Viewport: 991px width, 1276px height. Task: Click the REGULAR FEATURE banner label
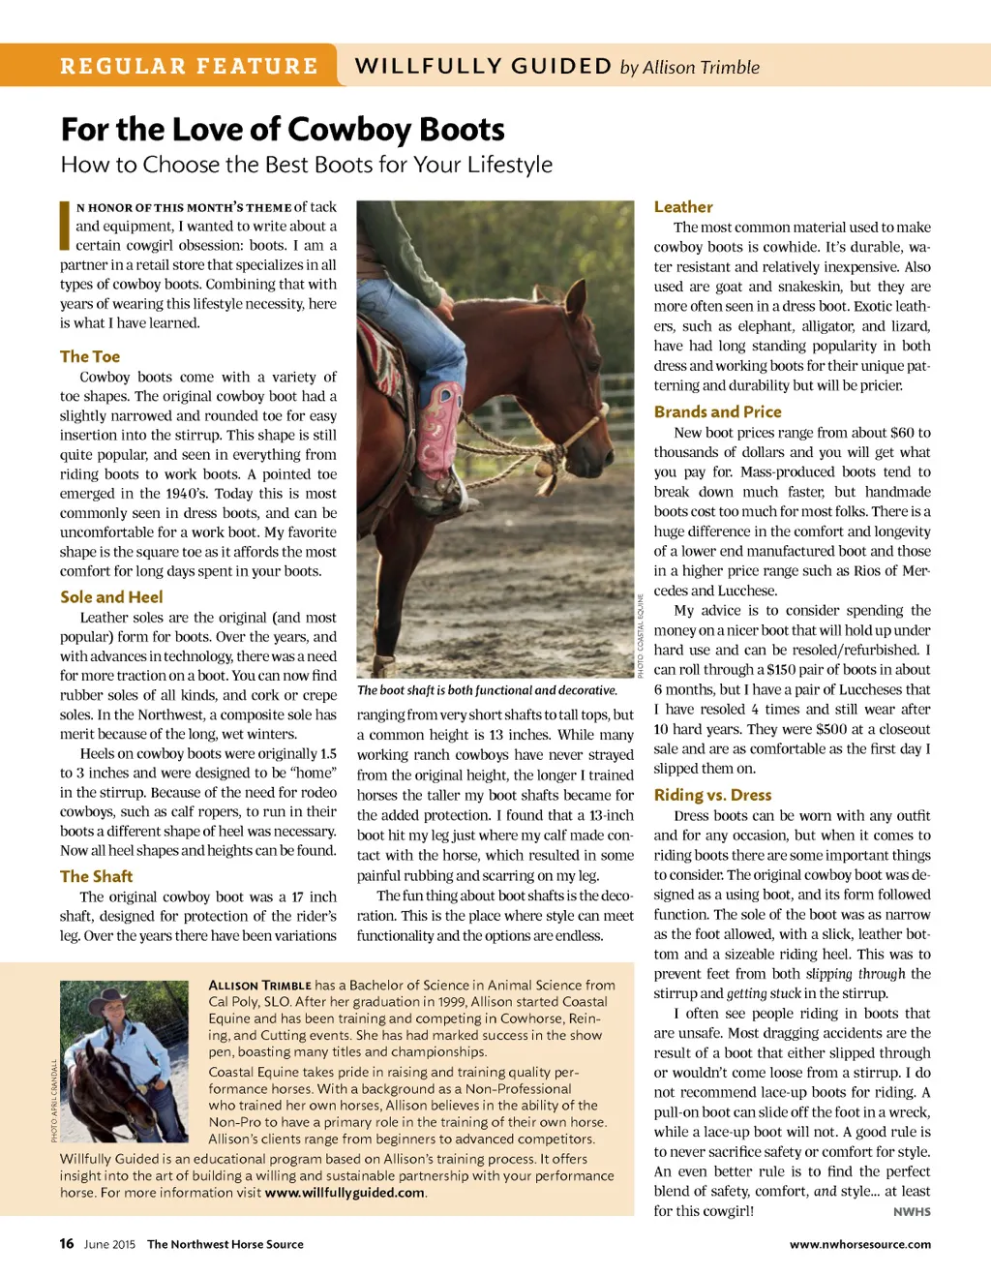[x=189, y=66]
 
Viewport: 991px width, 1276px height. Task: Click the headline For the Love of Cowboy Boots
[x=283, y=130]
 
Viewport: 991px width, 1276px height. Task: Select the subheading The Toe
[x=90, y=356]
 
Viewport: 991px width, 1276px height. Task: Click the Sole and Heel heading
[x=111, y=597]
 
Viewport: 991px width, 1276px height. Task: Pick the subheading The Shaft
[x=96, y=876]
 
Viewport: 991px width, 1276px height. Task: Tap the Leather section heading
[x=683, y=207]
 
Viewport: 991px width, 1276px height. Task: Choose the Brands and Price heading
[x=717, y=411]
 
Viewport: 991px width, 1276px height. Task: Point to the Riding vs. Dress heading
[x=712, y=795]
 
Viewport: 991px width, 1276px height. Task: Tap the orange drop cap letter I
[x=65, y=225]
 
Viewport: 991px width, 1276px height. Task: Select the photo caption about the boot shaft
[x=487, y=690]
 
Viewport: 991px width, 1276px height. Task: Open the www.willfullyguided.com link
[x=345, y=1193]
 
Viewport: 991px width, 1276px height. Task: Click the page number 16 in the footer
[x=67, y=1244]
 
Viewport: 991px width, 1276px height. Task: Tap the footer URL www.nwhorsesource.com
[x=859, y=1245]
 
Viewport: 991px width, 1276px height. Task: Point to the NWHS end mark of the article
[x=912, y=1212]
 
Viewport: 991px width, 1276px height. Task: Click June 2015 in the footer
[x=109, y=1245]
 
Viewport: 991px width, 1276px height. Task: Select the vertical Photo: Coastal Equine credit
[x=641, y=635]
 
